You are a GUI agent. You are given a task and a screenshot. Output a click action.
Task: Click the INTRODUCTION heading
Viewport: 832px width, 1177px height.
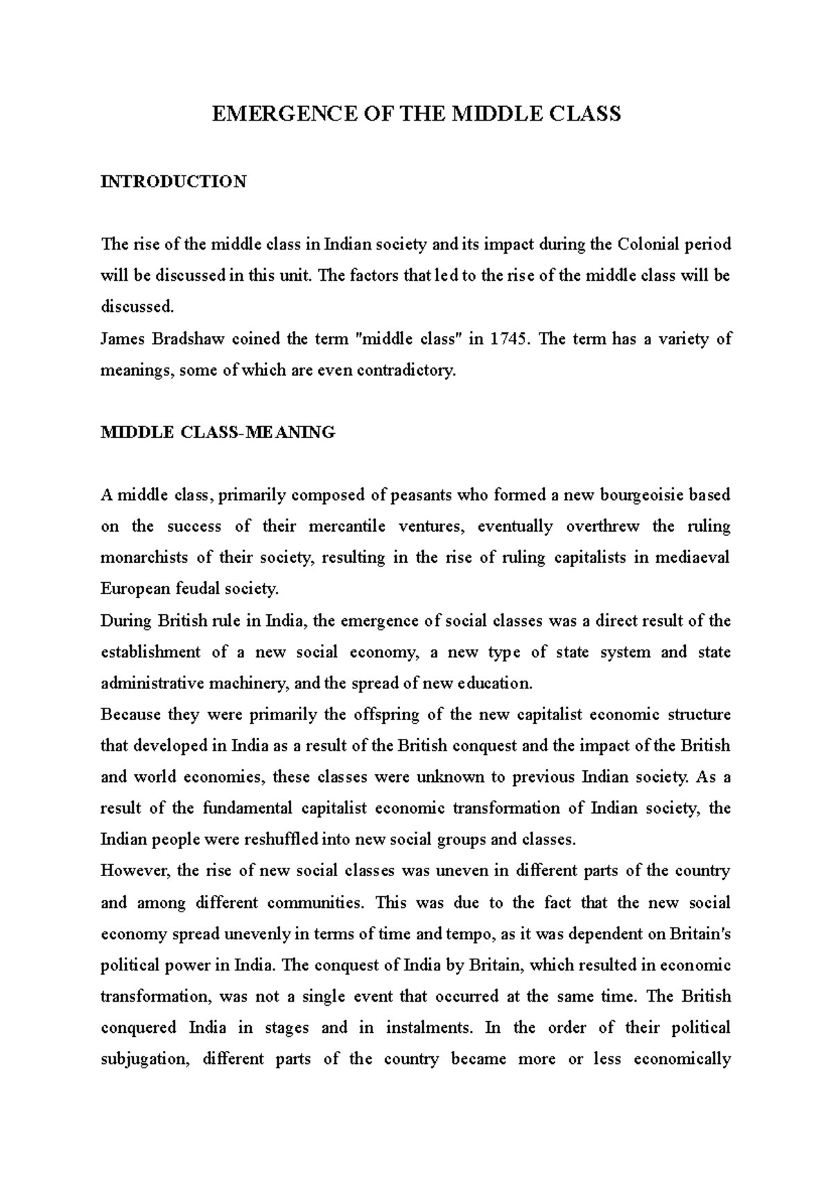click(x=173, y=182)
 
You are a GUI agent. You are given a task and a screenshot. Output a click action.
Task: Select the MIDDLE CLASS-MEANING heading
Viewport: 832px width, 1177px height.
click(x=218, y=433)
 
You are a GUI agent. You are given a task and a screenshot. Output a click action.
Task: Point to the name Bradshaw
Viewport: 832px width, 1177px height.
click(x=187, y=339)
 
